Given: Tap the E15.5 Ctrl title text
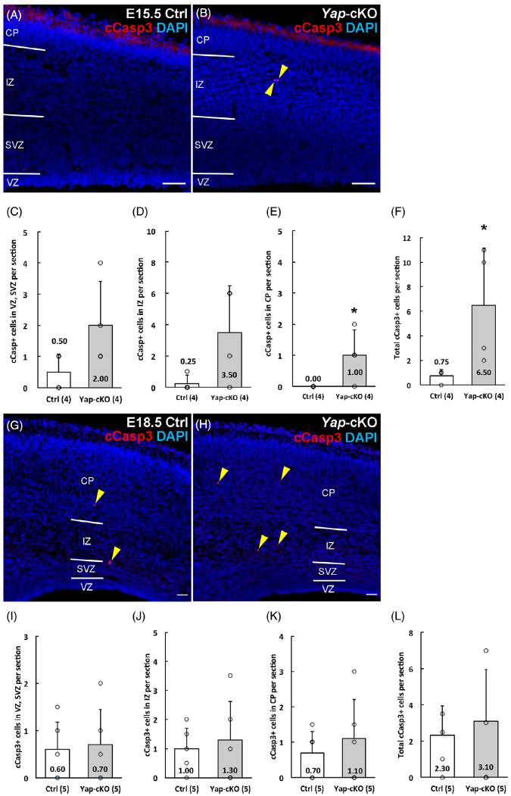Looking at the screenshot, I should tap(147, 12).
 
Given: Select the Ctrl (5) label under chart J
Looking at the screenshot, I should tap(171, 788).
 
